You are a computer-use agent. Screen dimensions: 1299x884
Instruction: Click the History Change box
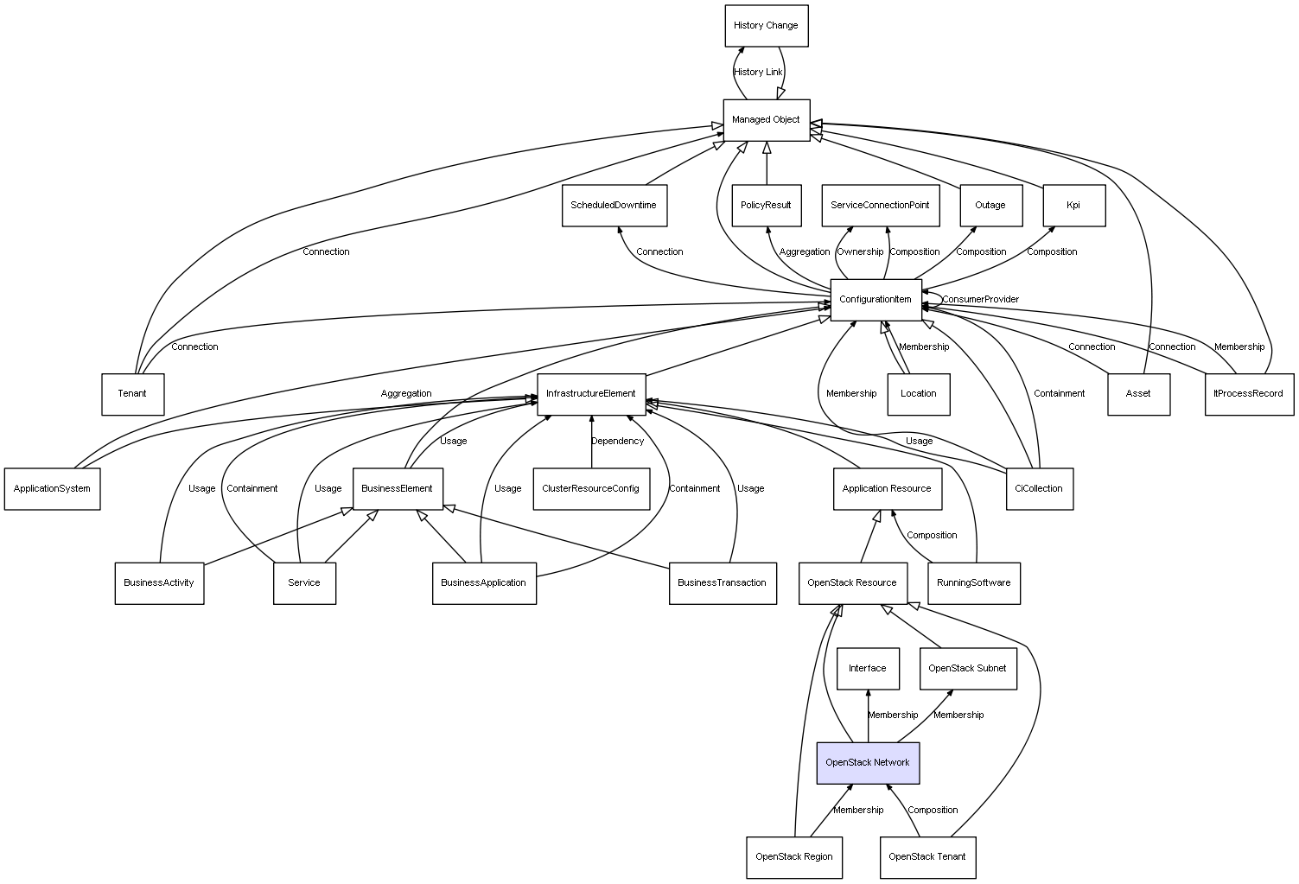click(x=766, y=26)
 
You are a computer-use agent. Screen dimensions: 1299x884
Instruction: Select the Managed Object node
click(x=766, y=120)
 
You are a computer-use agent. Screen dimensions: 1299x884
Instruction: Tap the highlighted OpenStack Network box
click(x=868, y=763)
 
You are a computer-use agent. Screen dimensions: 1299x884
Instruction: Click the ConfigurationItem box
click(x=876, y=300)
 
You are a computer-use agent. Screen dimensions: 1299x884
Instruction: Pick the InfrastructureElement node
click(x=591, y=394)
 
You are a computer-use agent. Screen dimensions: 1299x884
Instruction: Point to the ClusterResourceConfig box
click(x=591, y=489)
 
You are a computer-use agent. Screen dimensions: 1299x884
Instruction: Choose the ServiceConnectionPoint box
click(x=881, y=205)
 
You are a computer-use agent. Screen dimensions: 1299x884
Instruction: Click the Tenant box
click(x=133, y=394)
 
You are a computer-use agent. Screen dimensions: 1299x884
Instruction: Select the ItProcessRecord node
click(x=1249, y=394)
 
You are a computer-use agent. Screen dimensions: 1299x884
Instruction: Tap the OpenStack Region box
click(x=794, y=857)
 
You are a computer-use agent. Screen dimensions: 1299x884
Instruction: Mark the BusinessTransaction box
click(x=723, y=583)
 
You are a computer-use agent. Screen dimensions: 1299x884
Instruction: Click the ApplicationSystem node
click(x=52, y=489)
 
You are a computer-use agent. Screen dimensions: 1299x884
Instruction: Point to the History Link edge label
click(x=758, y=73)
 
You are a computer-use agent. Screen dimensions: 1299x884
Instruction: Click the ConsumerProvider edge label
click(x=980, y=300)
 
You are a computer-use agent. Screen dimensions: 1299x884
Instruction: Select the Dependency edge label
click(x=617, y=441)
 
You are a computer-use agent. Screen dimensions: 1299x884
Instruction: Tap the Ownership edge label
click(x=860, y=252)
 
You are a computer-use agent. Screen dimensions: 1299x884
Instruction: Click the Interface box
click(x=868, y=669)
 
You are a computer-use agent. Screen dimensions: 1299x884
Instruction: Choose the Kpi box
click(x=1074, y=205)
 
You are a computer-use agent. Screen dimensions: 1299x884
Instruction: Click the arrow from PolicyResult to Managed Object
click(x=767, y=163)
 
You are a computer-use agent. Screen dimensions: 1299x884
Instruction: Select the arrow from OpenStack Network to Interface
click(x=868, y=715)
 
